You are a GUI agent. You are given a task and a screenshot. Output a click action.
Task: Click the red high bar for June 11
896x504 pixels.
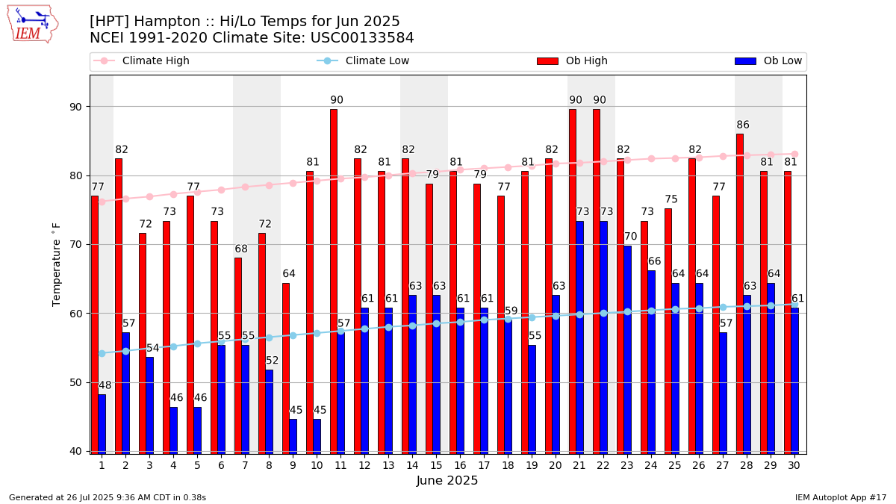coord(334,281)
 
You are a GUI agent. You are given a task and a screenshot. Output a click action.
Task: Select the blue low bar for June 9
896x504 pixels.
coord(293,436)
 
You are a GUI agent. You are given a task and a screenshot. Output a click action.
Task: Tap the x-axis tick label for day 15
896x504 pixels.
coord(436,465)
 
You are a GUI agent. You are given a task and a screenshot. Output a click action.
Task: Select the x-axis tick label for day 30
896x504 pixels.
coord(794,465)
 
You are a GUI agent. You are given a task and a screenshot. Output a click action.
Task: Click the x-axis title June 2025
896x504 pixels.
coord(447,482)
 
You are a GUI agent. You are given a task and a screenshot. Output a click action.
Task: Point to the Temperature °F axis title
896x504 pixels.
coord(57,264)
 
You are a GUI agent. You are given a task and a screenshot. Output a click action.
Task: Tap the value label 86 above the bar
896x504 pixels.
coord(743,125)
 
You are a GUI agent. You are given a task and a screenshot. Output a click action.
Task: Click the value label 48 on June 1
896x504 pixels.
coord(105,386)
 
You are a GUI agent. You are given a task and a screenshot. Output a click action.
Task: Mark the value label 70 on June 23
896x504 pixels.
coord(631,237)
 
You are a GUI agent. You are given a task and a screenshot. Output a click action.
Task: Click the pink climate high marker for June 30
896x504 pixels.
coord(794,154)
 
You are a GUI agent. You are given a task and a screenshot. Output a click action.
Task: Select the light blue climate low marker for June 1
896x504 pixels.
coord(102,353)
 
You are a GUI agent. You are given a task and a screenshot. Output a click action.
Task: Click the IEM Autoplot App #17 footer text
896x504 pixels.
coord(840,497)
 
